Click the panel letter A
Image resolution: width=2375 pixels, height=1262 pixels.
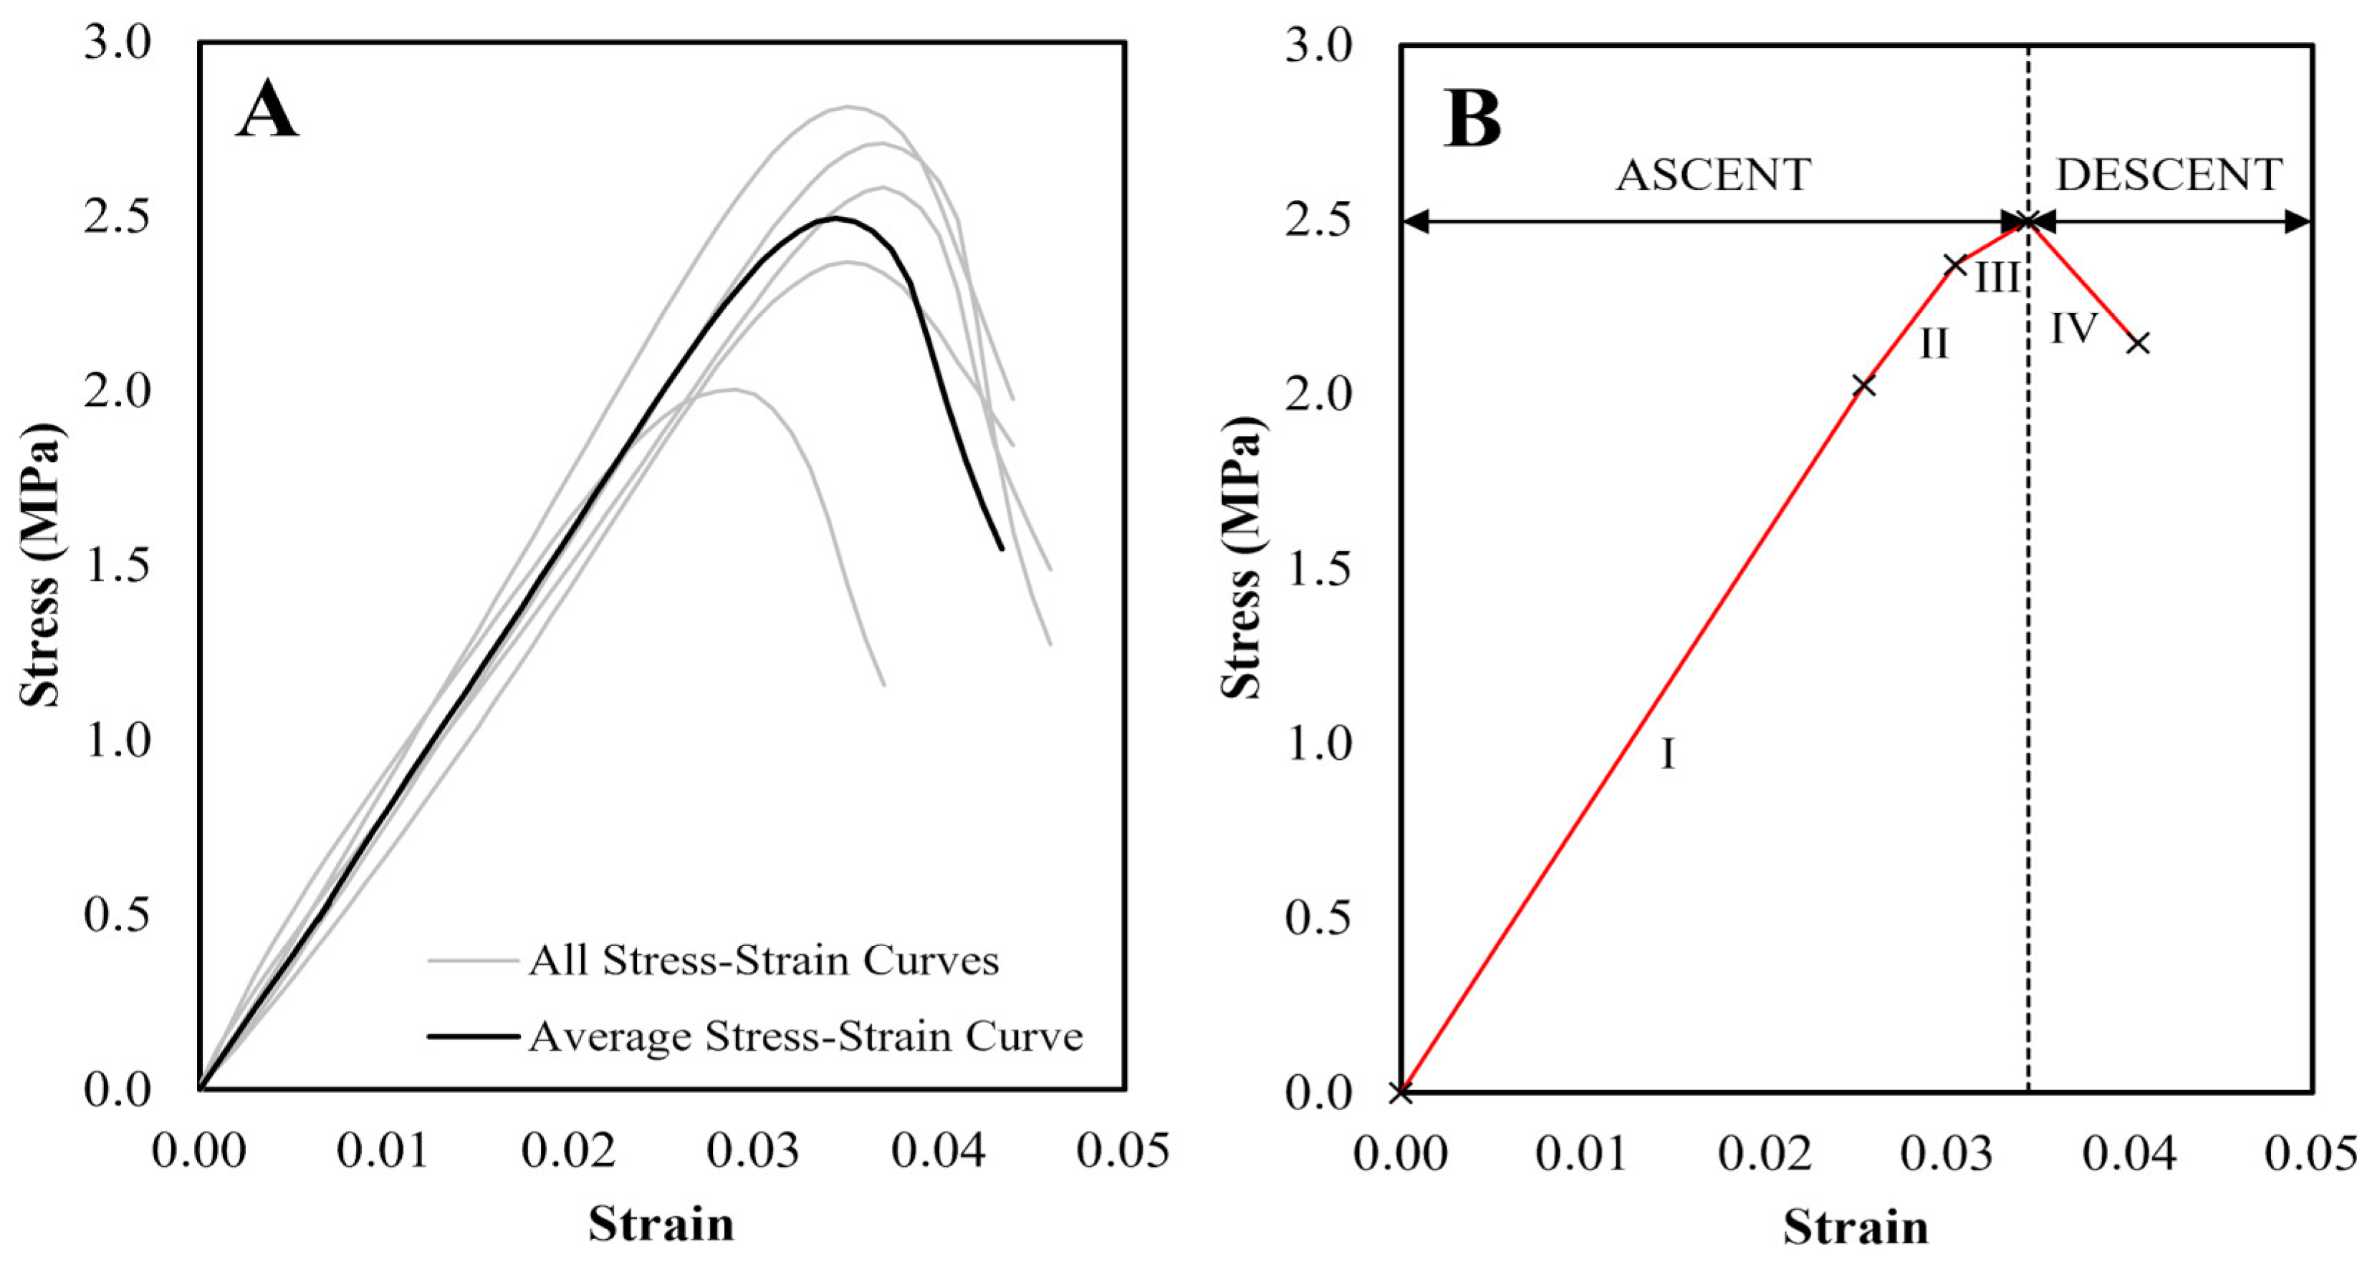267,110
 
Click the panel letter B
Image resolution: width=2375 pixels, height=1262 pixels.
1472,120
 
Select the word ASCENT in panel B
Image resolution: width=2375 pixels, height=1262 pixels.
1713,175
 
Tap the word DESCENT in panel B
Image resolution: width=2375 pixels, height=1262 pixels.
2169,175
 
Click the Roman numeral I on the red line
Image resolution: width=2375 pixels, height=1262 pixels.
1668,755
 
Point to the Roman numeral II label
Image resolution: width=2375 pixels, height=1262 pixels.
1934,345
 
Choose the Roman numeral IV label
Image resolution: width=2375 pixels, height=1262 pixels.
2073,328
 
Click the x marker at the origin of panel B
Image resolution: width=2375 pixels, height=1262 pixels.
1401,1093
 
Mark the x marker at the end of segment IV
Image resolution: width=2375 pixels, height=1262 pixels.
2138,343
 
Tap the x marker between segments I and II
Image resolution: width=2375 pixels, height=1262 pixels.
1864,385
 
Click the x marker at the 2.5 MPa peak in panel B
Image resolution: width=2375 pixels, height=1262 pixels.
2028,221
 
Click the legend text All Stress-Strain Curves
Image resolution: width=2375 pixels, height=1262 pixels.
764,961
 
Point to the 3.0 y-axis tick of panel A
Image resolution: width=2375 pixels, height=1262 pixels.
117,43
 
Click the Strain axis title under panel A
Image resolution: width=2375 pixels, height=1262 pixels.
661,1224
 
